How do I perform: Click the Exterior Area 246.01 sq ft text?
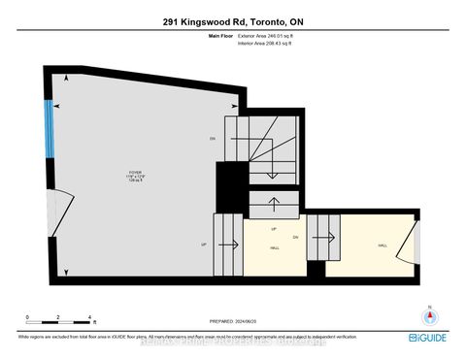tap(266, 36)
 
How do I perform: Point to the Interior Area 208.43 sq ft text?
tap(265, 45)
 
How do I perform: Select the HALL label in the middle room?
tap(275, 248)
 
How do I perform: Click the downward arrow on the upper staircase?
tap(275, 163)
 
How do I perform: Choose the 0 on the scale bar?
tap(28, 317)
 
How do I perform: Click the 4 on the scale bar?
tap(89, 317)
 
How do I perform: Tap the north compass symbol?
tap(427, 315)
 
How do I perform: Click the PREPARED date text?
tap(233, 321)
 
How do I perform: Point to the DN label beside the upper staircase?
tap(212, 139)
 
